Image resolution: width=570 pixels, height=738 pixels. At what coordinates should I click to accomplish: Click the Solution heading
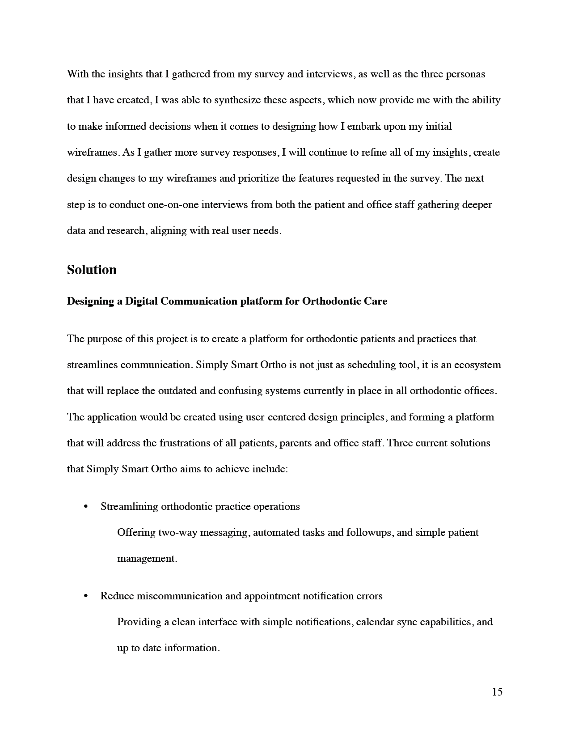pyautogui.click(x=92, y=270)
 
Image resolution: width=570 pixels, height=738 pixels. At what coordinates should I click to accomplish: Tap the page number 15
pyautogui.click(x=497, y=692)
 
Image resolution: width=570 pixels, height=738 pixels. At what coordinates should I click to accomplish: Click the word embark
pyautogui.click(x=364, y=126)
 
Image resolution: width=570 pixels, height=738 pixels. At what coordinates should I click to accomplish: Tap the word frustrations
pyautogui.click(x=185, y=443)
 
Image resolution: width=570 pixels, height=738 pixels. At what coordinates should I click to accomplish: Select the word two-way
pyautogui.click(x=176, y=533)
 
